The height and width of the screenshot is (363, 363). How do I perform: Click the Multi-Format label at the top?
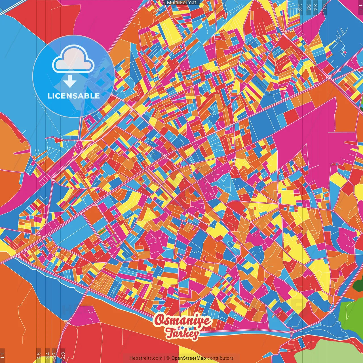pyautogui.click(x=181, y=3)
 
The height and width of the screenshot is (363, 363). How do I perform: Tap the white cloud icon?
pyautogui.click(x=73, y=60)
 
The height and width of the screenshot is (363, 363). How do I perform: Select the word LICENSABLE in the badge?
pyautogui.click(x=73, y=96)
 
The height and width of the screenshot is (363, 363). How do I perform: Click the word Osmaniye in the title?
pyautogui.click(x=183, y=320)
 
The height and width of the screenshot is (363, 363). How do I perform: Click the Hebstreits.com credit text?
pyautogui.click(x=146, y=358)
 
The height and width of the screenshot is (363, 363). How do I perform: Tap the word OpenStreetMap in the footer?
pyautogui.click(x=189, y=358)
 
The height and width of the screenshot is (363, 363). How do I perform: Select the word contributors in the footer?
pyautogui.click(x=220, y=358)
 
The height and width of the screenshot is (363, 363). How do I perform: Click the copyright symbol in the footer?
pyautogui.click(x=168, y=358)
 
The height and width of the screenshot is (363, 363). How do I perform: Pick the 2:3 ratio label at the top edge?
pyautogui.click(x=300, y=7)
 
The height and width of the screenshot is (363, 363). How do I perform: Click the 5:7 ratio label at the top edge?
pyautogui.click(x=309, y=7)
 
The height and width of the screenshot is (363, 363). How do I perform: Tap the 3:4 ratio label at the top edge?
pyautogui.click(x=315, y=7)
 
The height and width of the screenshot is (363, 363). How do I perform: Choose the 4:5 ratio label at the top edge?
pyautogui.click(x=324, y=7)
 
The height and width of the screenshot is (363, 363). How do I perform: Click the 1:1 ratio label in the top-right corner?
pyautogui.click(x=360, y=6)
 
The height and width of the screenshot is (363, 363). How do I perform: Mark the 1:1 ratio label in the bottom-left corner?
pyautogui.click(x=3, y=356)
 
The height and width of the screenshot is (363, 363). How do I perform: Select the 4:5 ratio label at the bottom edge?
pyautogui.click(x=39, y=356)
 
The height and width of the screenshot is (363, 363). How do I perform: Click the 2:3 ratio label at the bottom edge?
pyautogui.click(x=63, y=356)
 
